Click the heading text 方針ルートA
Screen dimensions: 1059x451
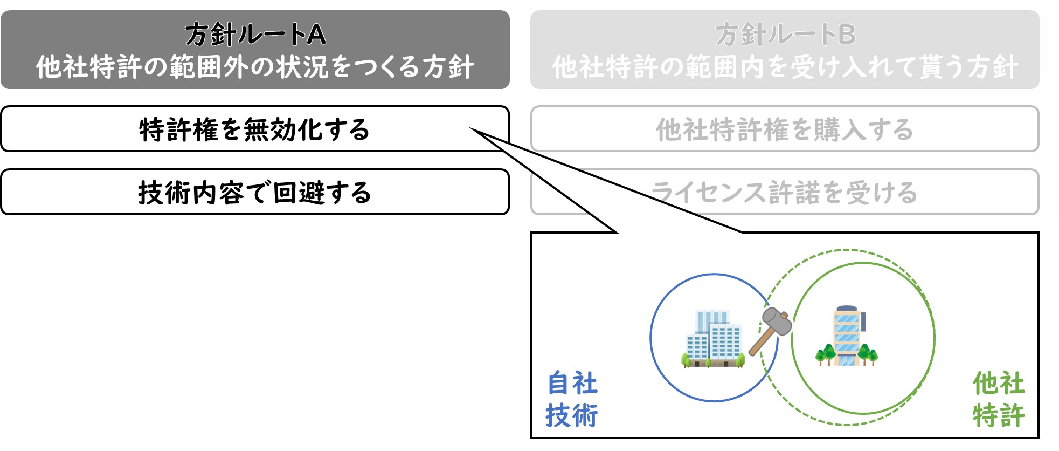(x=255, y=35)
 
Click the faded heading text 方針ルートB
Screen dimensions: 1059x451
(x=785, y=35)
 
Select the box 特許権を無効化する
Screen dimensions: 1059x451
(x=255, y=129)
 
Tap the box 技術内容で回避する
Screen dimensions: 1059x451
(x=255, y=192)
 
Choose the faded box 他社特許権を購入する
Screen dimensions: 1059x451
(x=785, y=129)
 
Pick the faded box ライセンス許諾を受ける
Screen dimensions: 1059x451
(x=785, y=192)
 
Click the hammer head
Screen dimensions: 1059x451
(x=777, y=321)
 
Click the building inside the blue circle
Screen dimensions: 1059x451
(x=714, y=339)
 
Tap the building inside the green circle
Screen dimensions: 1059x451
(x=847, y=336)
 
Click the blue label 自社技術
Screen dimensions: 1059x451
(x=572, y=399)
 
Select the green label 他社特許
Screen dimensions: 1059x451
(x=999, y=399)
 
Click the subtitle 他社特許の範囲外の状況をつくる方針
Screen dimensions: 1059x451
(x=255, y=67)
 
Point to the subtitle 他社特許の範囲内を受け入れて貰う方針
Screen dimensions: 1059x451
(x=785, y=67)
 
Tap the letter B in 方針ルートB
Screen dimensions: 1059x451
(x=847, y=35)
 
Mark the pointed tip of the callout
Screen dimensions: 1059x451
(x=470, y=128)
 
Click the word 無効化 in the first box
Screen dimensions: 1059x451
(x=271, y=129)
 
